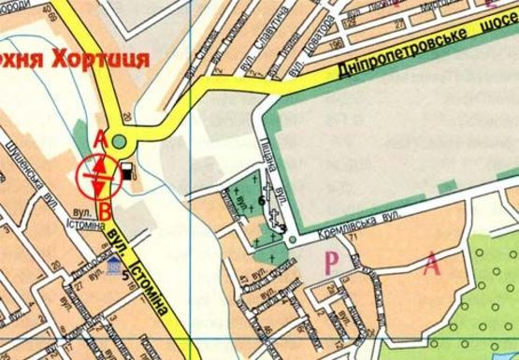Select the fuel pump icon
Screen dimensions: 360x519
click(125, 171)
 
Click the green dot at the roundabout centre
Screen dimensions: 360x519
click(120, 142)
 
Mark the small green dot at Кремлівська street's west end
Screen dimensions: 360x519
click(292, 240)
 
